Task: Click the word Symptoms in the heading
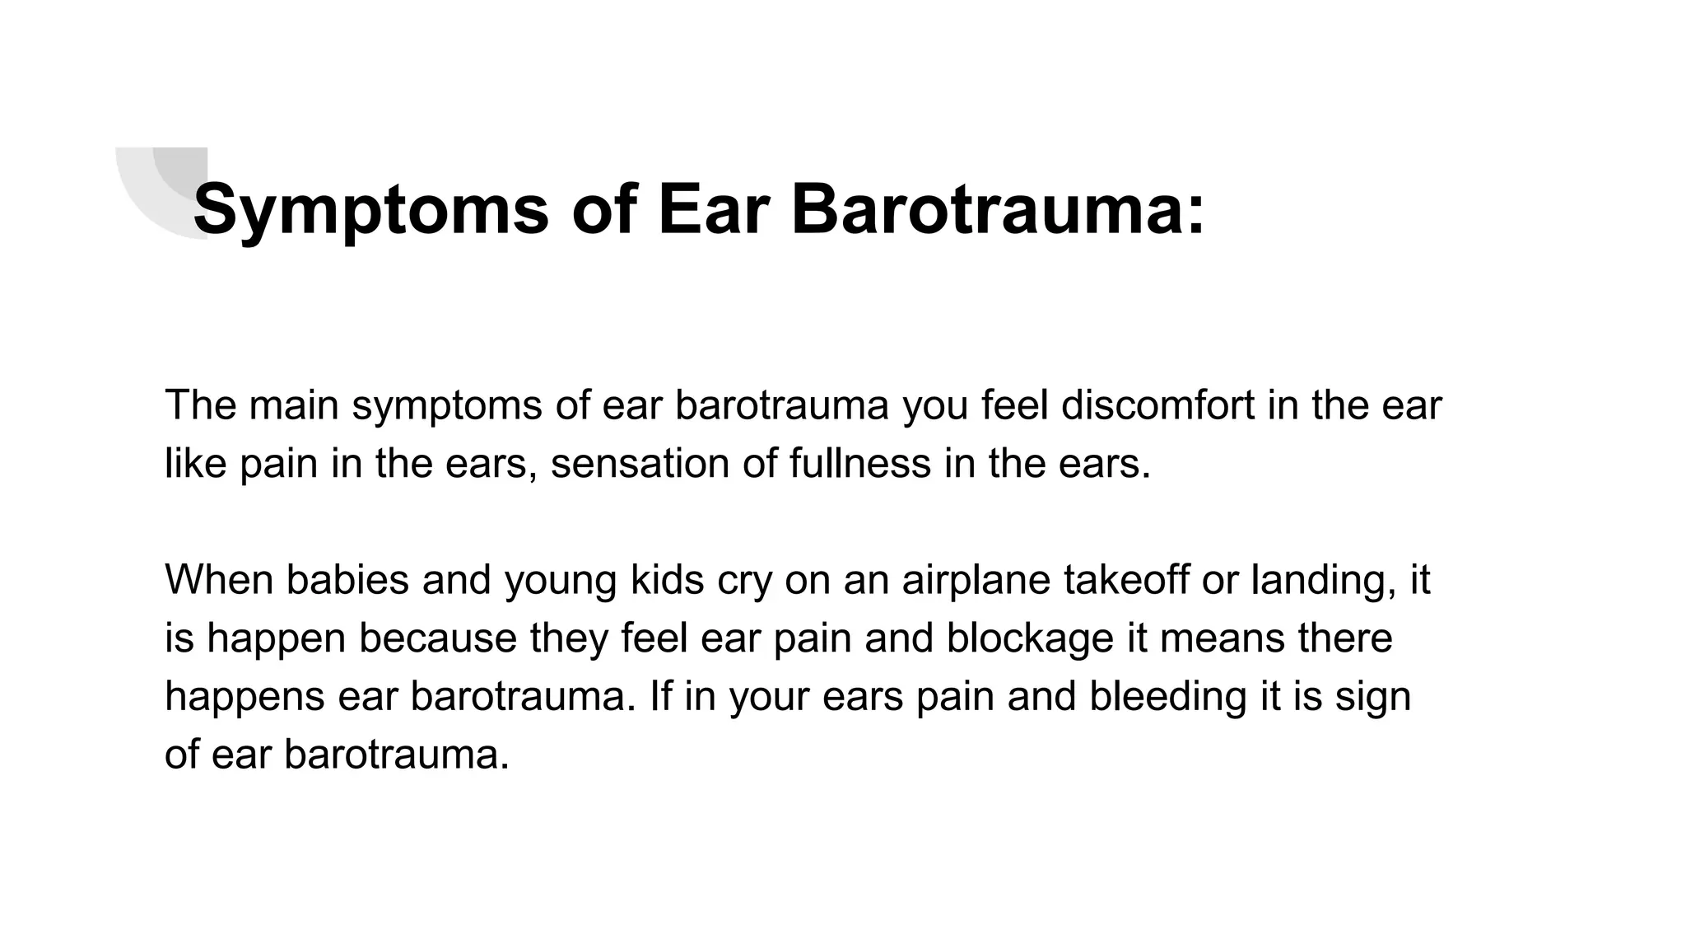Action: (x=370, y=210)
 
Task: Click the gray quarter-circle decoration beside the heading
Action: (x=156, y=185)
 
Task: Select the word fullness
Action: (x=859, y=464)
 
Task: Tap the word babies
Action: (x=347, y=580)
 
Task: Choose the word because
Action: (x=437, y=638)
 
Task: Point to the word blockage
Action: (x=1029, y=638)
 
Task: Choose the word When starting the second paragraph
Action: (x=218, y=580)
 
